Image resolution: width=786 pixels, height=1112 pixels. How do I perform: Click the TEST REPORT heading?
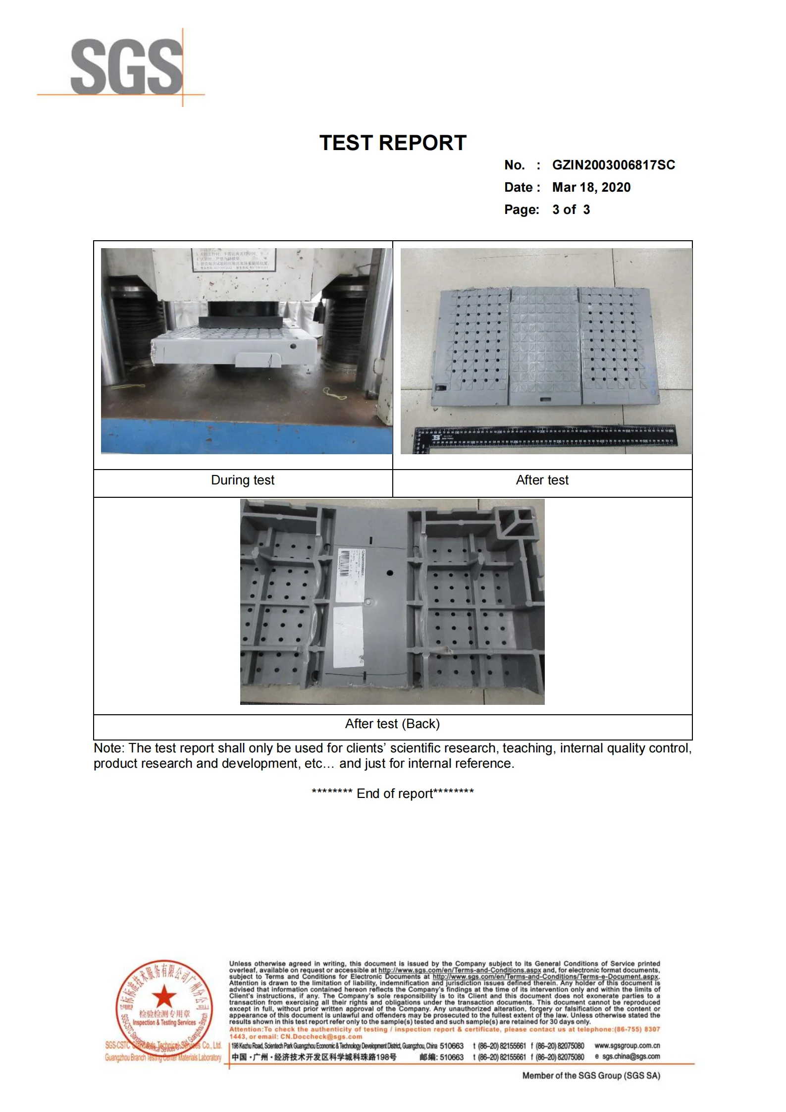click(x=393, y=143)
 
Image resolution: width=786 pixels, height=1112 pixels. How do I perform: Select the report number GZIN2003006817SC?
click(x=613, y=165)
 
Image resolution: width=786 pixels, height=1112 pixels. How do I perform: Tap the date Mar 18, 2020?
click(x=591, y=187)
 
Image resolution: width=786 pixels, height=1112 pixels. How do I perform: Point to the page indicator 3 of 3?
click(x=571, y=210)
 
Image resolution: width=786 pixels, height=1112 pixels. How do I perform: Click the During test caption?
click(x=242, y=480)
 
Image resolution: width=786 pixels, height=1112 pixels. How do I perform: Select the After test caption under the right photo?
click(x=542, y=480)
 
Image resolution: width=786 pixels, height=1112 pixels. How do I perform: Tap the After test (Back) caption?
click(x=392, y=724)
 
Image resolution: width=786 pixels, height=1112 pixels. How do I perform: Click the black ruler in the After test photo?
click(x=545, y=435)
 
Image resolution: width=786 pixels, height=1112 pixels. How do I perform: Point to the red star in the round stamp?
click(x=163, y=995)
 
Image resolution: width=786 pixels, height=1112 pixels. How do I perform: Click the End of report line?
click(x=393, y=794)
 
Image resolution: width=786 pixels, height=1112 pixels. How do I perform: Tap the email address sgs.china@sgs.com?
click(x=630, y=1057)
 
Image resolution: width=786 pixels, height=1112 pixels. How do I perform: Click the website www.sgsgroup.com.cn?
click(x=627, y=1046)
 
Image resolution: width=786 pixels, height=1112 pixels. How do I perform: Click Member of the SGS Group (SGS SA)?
click(x=591, y=1076)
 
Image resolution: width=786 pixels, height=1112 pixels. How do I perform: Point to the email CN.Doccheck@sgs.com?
click(x=321, y=1037)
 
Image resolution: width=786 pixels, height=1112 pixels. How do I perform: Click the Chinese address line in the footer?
click(x=314, y=1057)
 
